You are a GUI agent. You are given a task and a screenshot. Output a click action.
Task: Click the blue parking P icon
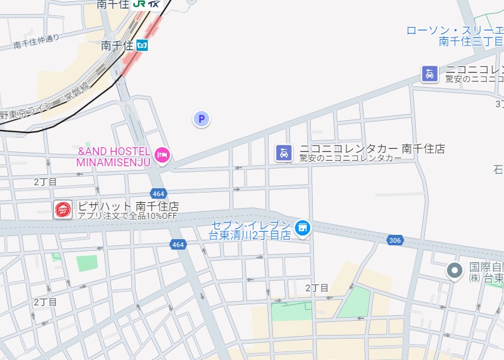click(x=201, y=119)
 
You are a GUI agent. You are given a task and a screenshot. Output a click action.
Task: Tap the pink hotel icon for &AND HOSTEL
click(x=162, y=155)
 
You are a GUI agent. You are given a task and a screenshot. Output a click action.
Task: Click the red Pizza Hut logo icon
click(x=63, y=210)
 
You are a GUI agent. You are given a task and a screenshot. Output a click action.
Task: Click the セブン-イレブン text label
click(x=252, y=224)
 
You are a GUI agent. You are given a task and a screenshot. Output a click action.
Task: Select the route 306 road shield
click(x=395, y=240)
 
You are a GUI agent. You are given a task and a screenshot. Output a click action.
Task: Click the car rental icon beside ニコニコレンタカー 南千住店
click(x=283, y=152)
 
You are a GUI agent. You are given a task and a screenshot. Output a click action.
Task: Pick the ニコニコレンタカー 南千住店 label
click(x=372, y=148)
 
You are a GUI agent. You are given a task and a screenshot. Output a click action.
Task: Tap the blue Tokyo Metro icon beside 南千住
click(x=142, y=45)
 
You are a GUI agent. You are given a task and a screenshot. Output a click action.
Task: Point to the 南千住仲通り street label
click(x=36, y=41)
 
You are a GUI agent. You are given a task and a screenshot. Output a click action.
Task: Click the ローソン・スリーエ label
click(x=454, y=30)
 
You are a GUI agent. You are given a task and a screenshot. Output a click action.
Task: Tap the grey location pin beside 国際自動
click(x=454, y=269)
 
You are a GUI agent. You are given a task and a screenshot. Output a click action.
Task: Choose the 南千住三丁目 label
click(x=471, y=42)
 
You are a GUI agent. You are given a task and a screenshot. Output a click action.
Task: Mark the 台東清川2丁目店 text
click(x=250, y=235)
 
